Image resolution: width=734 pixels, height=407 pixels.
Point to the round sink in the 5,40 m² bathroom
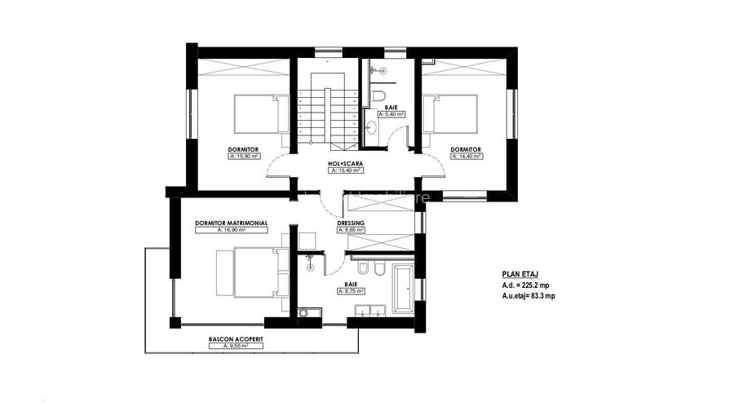371,126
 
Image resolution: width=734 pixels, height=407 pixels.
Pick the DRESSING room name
351,223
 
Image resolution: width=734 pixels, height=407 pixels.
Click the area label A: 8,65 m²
351,231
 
